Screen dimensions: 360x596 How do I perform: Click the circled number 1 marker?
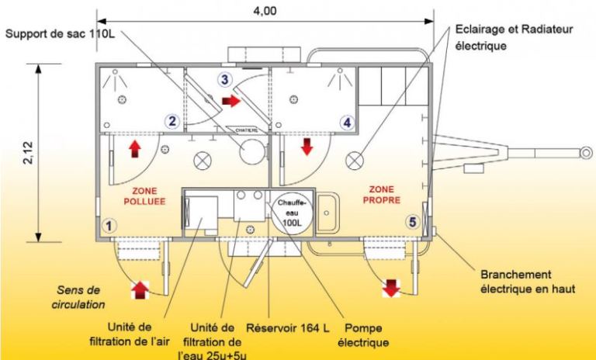(109, 226)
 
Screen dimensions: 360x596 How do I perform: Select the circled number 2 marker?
(172, 120)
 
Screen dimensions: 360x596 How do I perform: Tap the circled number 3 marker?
(224, 79)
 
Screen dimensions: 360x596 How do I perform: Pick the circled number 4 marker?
(347, 122)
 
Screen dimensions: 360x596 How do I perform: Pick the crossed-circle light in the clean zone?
(356, 158)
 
